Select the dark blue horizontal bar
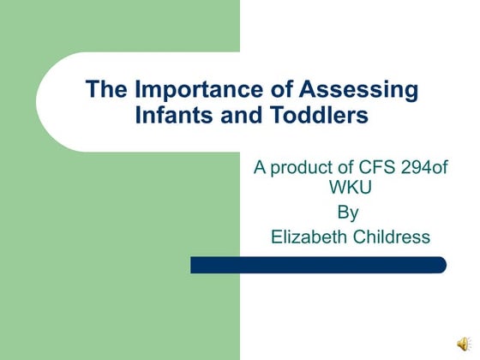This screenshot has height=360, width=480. [x=318, y=265]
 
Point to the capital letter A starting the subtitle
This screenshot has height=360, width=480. [x=259, y=166]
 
